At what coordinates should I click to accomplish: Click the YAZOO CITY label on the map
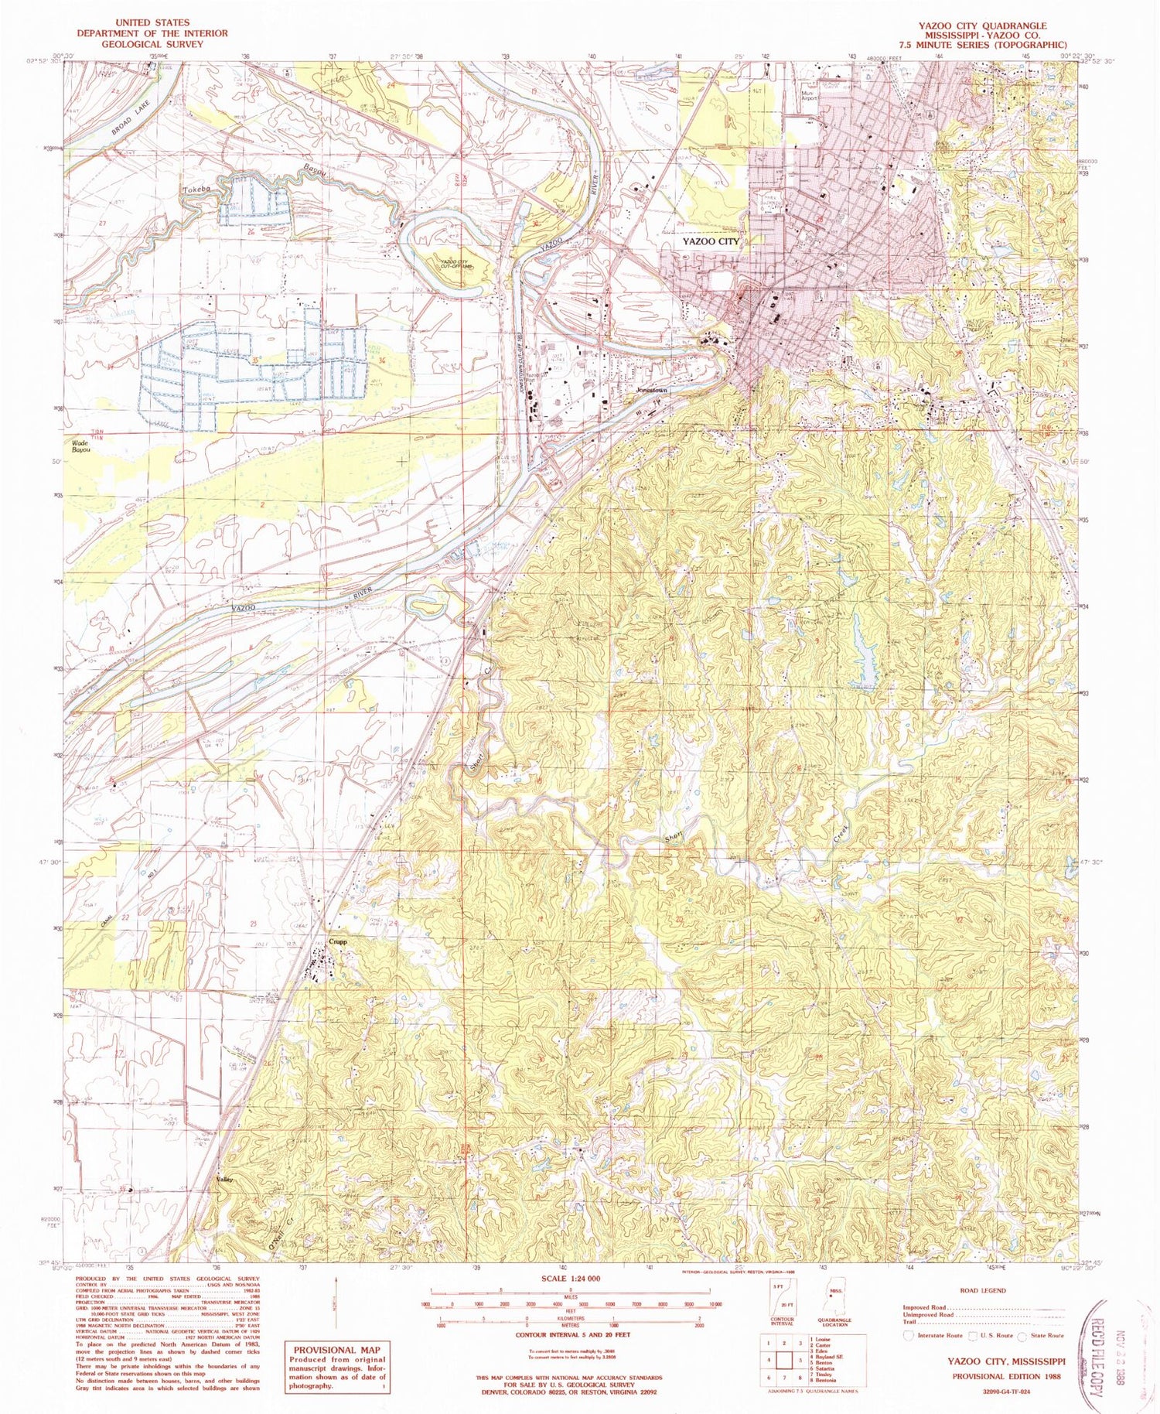click(710, 241)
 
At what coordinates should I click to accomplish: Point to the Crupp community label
click(337, 942)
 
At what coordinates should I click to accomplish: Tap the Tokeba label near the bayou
click(197, 188)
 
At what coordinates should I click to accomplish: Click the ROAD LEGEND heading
click(984, 1289)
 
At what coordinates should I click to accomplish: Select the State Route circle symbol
click(1022, 1335)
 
